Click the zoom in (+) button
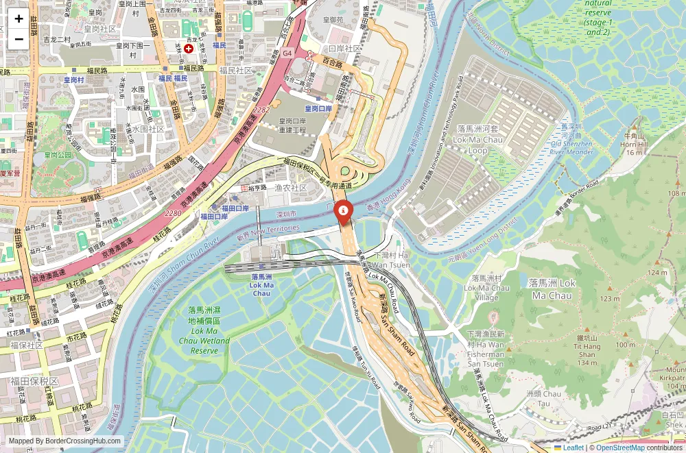[19, 19]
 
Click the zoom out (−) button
[19, 38]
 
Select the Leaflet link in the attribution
[569, 448]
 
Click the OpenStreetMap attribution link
[621, 448]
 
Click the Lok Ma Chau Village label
[486, 288]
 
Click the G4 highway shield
[286, 53]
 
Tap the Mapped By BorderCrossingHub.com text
[66, 441]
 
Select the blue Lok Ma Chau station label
[261, 285]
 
